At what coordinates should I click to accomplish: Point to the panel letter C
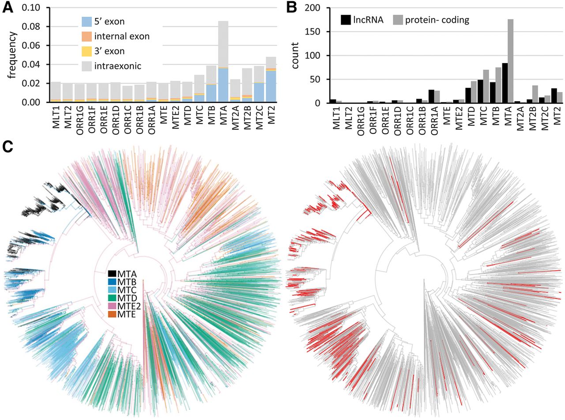8,148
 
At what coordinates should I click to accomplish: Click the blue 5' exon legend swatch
87,22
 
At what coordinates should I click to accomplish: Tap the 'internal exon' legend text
122,37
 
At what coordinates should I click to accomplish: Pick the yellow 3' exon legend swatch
87,51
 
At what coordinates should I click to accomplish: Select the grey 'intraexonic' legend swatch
87,66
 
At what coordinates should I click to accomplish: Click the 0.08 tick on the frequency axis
31,26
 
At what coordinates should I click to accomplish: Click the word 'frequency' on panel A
11,55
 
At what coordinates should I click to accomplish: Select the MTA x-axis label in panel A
223,115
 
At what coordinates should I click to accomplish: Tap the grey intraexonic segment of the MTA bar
223,44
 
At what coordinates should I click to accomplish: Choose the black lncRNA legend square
346,20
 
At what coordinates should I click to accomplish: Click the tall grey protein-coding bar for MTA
511,61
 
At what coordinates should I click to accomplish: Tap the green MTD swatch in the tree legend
112,298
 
